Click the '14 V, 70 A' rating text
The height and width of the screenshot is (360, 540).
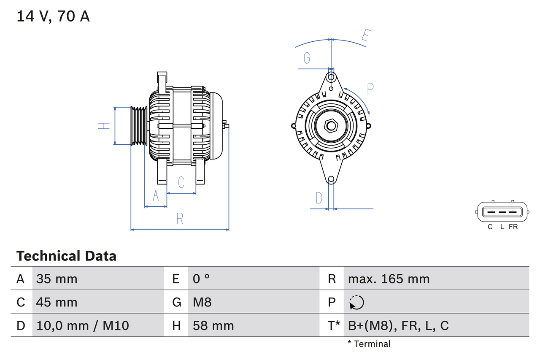53,16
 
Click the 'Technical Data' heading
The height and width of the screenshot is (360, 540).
66,256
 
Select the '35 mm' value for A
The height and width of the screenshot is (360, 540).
57,279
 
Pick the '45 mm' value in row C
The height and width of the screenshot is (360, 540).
57,302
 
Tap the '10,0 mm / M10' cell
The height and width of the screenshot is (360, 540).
83,325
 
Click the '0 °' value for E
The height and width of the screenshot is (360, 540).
201,279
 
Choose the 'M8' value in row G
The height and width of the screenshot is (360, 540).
202,302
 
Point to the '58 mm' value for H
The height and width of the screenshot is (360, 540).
213,325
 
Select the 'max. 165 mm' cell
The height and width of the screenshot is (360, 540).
389,279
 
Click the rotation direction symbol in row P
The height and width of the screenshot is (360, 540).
356,302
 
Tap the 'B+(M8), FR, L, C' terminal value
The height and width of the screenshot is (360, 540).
398,325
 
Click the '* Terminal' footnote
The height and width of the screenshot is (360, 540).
369,344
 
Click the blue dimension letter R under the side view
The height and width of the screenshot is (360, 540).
180,219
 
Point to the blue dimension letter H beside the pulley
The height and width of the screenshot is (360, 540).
104,126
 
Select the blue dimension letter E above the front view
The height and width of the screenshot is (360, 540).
365,37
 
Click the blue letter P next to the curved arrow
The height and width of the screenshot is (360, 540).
370,89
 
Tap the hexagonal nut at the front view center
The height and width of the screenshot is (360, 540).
331,126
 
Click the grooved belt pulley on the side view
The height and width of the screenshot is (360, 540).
139,126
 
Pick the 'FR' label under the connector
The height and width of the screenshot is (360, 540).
513,227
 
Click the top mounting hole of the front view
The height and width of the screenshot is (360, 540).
331,77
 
